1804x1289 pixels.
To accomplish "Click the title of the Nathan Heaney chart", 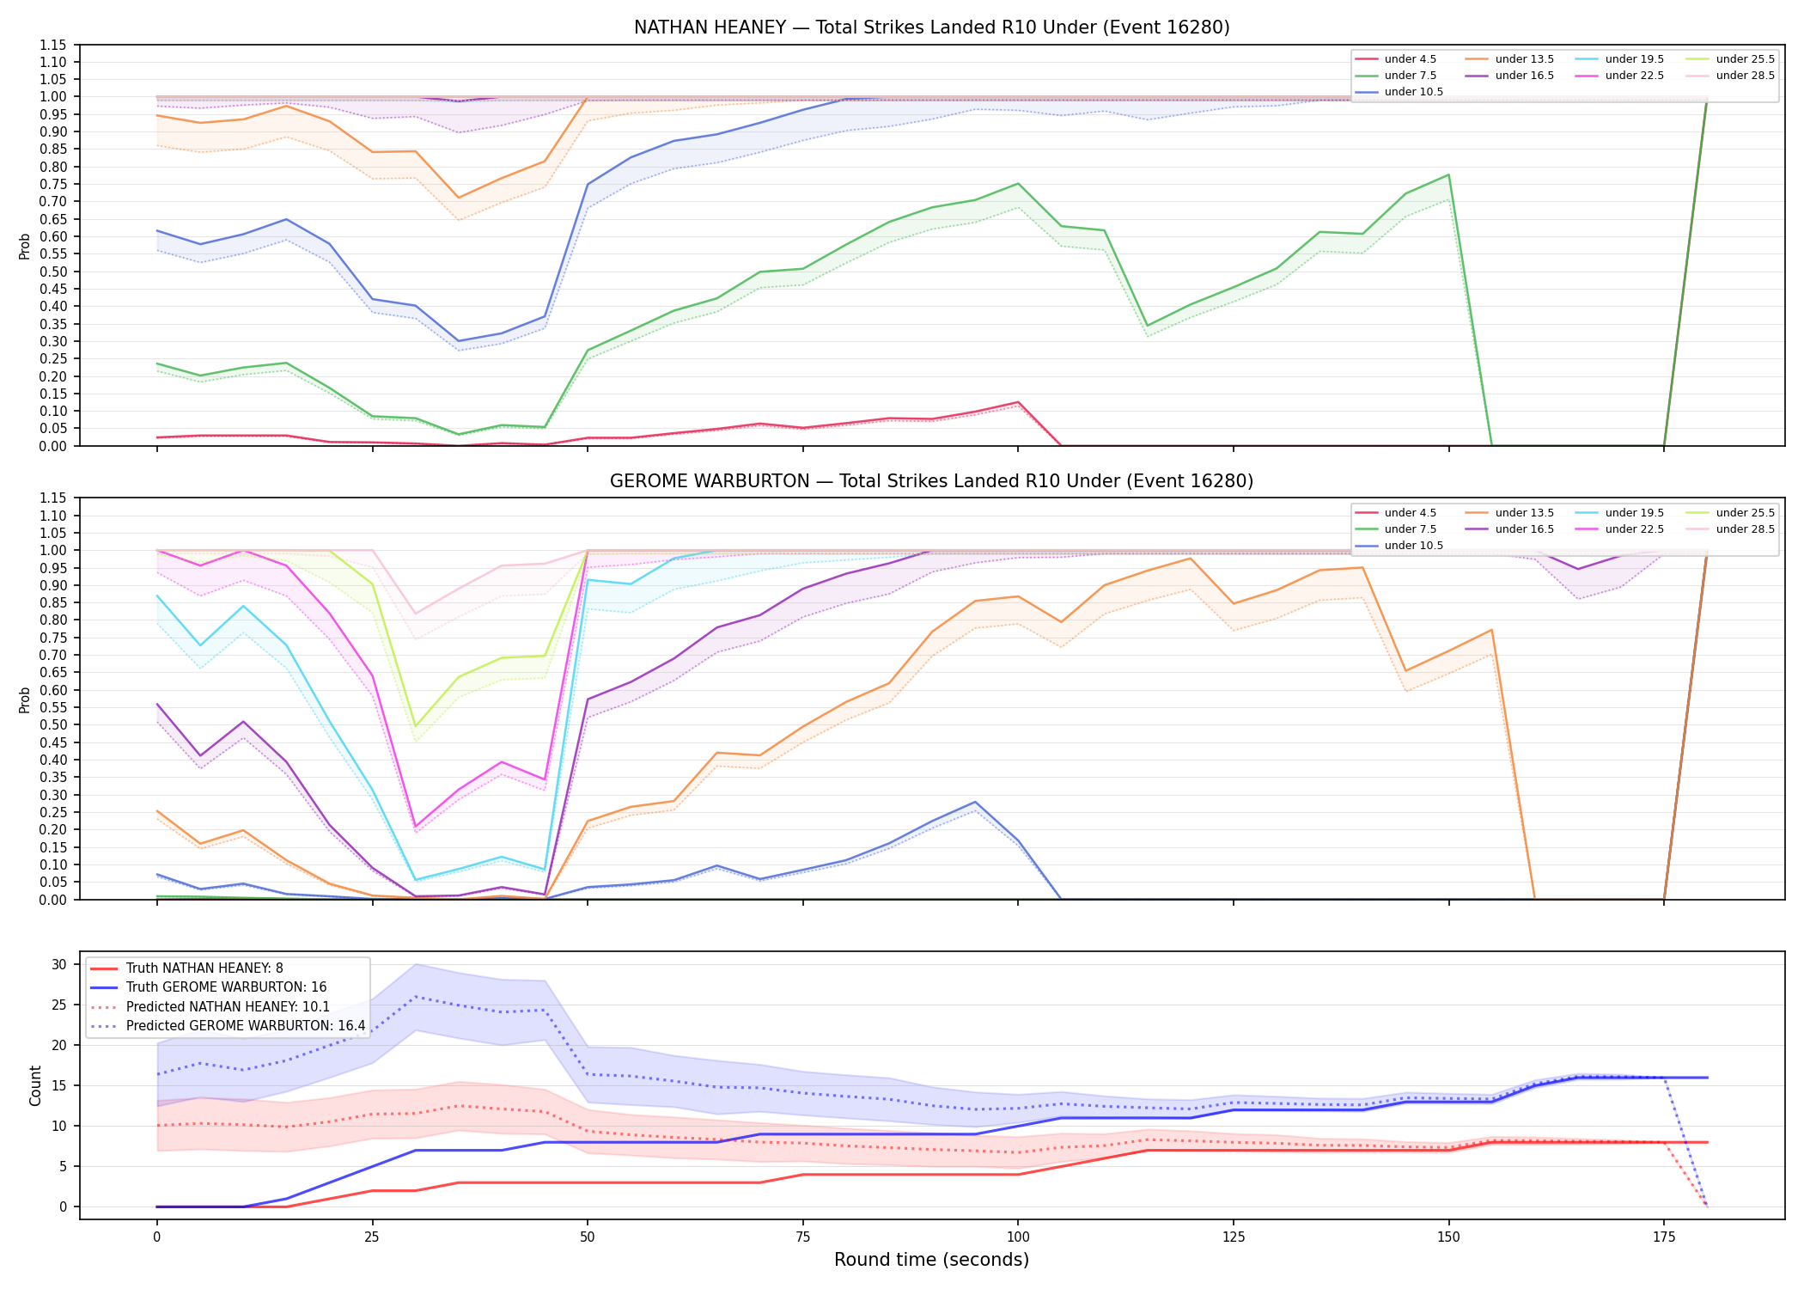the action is coord(931,27).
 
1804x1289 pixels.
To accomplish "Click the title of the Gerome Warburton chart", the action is coord(931,481).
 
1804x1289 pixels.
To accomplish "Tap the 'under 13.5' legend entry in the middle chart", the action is coord(1509,513).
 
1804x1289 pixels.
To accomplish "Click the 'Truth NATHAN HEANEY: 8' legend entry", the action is coord(186,968).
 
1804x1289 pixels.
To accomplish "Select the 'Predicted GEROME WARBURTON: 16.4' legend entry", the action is coord(228,1026).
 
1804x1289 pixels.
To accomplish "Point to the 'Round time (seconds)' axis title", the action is coord(931,1260).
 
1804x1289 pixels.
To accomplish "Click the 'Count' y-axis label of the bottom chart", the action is coord(35,1085).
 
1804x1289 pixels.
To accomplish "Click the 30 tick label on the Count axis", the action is coord(59,964).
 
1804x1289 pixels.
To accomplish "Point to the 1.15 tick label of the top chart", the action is coord(53,45).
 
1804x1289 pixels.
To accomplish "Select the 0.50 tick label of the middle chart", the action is coord(53,724).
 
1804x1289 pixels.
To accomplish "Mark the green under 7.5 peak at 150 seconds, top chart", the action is coord(1449,175).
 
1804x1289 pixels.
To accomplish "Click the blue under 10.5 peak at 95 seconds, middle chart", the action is coord(975,802).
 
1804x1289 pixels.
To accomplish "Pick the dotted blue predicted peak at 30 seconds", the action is coord(416,997).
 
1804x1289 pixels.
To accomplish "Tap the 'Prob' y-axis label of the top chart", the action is coord(25,246).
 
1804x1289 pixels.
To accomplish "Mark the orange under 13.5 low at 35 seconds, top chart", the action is coord(459,198).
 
